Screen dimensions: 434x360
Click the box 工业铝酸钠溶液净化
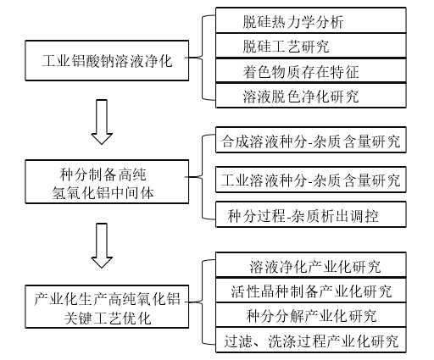click(x=107, y=60)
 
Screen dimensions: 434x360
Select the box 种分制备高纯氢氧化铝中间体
click(x=107, y=181)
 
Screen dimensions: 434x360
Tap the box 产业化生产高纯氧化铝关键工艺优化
click(x=107, y=307)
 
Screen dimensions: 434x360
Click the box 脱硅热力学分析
click(x=311, y=20)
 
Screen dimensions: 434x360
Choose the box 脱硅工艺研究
click(x=311, y=46)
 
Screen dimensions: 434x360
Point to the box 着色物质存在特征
click(x=311, y=71)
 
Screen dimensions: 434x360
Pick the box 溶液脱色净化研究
click(x=311, y=96)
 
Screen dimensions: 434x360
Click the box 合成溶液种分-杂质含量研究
click(x=311, y=140)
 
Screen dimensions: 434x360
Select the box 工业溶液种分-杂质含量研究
click(x=311, y=180)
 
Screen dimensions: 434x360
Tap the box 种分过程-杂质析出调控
click(x=311, y=214)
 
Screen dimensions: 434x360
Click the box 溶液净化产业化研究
click(x=311, y=265)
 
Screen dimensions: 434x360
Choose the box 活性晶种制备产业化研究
click(x=311, y=291)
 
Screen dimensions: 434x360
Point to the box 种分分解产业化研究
click(x=311, y=315)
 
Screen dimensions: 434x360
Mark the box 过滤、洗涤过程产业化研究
click(x=311, y=340)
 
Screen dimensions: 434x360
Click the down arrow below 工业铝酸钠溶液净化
click(x=102, y=122)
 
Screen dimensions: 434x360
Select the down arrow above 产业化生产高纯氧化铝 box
click(x=102, y=246)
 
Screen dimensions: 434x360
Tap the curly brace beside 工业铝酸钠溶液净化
click(x=203, y=58)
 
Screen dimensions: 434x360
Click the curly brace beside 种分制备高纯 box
click(x=203, y=177)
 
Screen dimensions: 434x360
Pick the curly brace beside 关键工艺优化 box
click(x=203, y=302)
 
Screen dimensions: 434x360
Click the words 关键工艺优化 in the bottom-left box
click(x=108, y=318)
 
